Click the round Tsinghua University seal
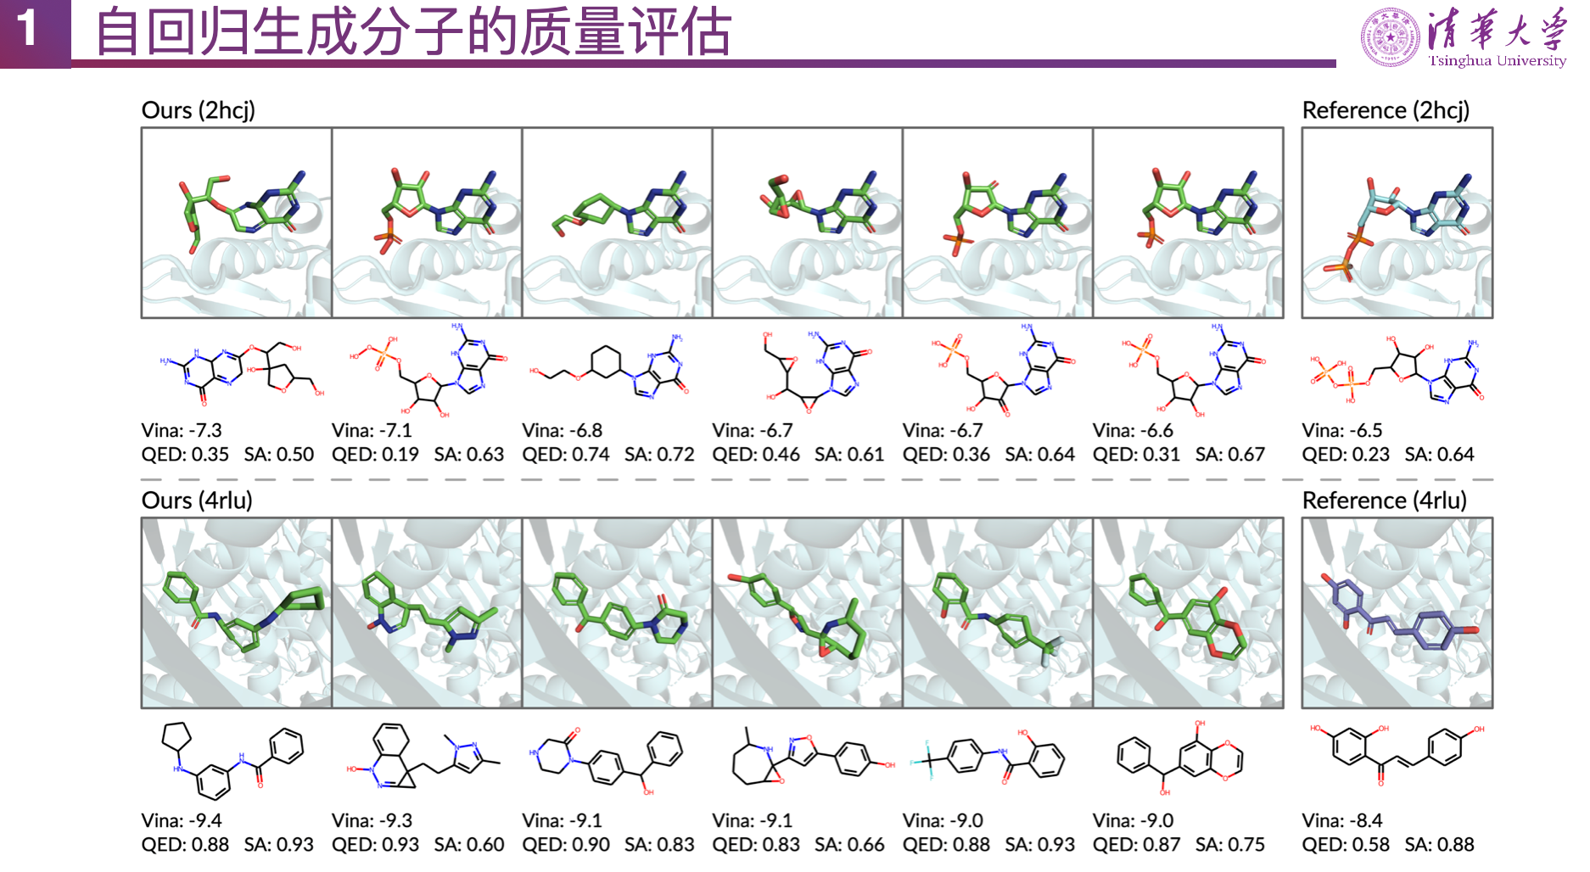tap(1390, 37)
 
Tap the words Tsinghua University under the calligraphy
tap(1497, 61)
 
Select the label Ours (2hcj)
tap(198, 110)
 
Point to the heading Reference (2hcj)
tap(1386, 110)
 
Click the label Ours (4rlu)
tap(197, 500)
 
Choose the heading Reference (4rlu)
tap(1384, 500)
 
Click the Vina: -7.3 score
tap(182, 431)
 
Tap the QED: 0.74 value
tap(566, 455)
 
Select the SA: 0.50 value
tap(279, 455)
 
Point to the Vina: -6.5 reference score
tap(1342, 431)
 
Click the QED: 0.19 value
tap(375, 455)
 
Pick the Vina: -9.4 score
tap(182, 821)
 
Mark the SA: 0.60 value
tap(469, 845)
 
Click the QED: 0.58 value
tap(1346, 845)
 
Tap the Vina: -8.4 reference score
tap(1342, 821)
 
